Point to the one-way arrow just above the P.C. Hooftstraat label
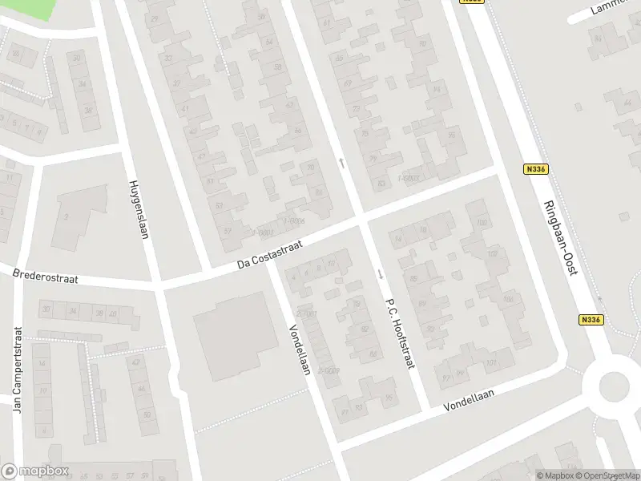[x=380, y=274]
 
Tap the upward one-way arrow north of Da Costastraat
[x=342, y=163]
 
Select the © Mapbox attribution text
[x=554, y=475]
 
